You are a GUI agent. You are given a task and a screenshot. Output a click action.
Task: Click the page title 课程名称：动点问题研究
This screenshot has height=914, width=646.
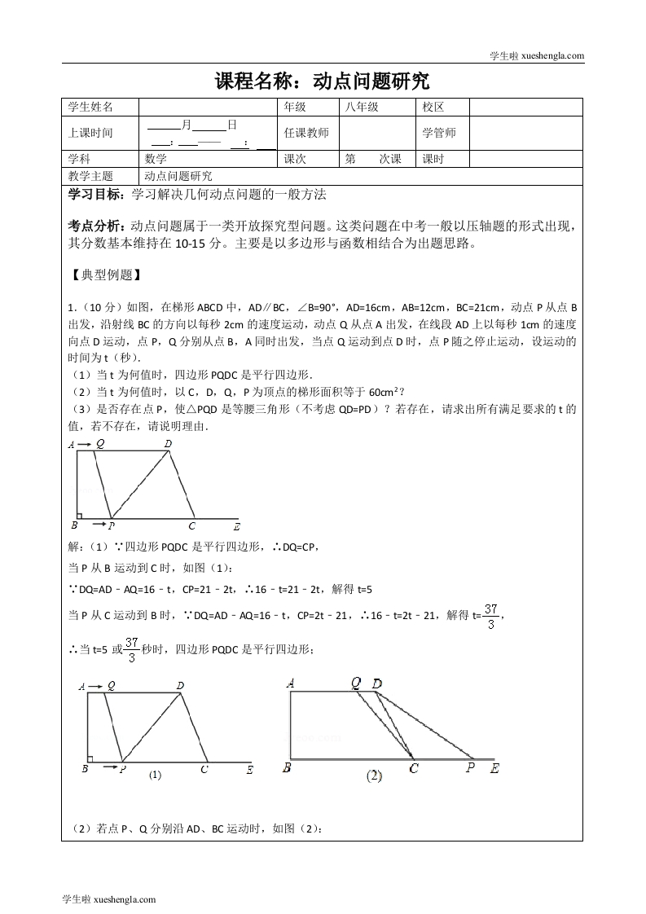[322, 81]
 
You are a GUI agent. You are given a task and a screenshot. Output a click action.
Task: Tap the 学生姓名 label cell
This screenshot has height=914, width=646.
[90, 107]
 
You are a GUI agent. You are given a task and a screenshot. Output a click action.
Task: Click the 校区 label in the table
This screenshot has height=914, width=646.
[433, 107]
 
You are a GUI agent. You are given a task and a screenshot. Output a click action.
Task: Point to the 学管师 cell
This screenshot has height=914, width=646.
[439, 133]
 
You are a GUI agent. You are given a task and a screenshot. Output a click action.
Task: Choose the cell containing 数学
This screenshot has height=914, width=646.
[156, 159]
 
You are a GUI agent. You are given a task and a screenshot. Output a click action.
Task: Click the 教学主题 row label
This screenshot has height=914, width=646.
[90, 175]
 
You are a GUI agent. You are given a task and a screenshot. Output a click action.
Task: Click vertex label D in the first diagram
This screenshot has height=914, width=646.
[168, 444]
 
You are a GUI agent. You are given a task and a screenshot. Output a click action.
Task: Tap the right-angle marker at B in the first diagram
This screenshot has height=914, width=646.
[79, 515]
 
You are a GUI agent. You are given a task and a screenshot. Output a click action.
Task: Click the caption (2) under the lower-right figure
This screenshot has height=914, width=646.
[374, 776]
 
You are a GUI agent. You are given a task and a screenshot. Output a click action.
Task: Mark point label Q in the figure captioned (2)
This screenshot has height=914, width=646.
[356, 683]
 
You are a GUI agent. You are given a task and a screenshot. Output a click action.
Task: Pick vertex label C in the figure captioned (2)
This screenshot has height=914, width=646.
[414, 767]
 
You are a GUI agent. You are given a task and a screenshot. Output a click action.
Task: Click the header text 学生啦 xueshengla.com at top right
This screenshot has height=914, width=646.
[536, 55]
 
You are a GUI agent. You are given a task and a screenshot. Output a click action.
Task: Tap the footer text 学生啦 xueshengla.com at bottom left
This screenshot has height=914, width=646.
[108, 899]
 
